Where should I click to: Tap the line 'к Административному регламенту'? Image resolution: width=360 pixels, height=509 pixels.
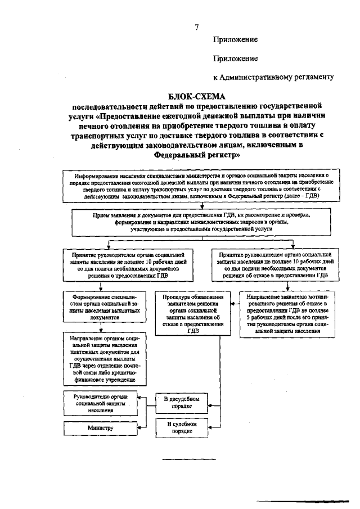pyautogui.click(x=274, y=76)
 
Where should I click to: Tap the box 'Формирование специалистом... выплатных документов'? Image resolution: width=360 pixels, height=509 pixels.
pyautogui.click(x=102, y=307)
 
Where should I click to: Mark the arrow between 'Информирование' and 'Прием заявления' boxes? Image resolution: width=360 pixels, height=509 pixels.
pyautogui.click(x=201, y=206)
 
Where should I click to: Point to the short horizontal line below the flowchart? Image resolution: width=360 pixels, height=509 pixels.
pyautogui.click(x=189, y=460)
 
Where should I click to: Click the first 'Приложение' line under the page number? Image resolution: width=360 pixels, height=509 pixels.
pyautogui.click(x=235, y=40)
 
